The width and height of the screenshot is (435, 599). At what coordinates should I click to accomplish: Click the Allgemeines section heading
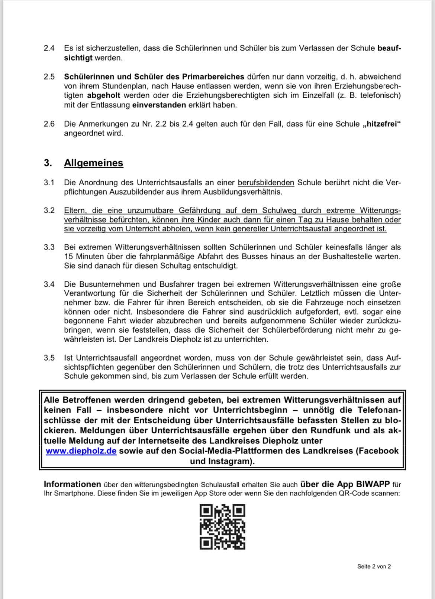[x=93, y=163]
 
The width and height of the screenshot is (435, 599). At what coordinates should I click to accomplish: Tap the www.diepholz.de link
[x=81, y=451]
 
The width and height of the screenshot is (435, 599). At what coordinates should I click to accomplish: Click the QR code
[x=222, y=527]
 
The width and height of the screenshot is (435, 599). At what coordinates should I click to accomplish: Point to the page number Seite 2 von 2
[x=374, y=566]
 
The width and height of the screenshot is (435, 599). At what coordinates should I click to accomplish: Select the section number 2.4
[x=49, y=48]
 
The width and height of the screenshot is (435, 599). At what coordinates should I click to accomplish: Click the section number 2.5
[x=49, y=77]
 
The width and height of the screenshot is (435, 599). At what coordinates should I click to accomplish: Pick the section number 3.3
[x=49, y=247]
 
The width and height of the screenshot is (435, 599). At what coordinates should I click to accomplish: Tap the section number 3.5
[x=49, y=358]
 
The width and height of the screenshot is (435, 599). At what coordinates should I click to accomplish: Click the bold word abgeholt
[x=104, y=95]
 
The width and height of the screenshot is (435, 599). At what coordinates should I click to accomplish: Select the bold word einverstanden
[x=159, y=105]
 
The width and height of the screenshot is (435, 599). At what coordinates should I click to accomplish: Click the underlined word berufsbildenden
[x=266, y=183]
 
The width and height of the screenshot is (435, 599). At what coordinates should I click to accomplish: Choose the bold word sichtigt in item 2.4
[x=78, y=58]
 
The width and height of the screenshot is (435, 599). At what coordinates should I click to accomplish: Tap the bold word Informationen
[x=72, y=484]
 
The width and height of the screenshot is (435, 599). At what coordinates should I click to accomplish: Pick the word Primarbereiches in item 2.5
[x=213, y=77]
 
